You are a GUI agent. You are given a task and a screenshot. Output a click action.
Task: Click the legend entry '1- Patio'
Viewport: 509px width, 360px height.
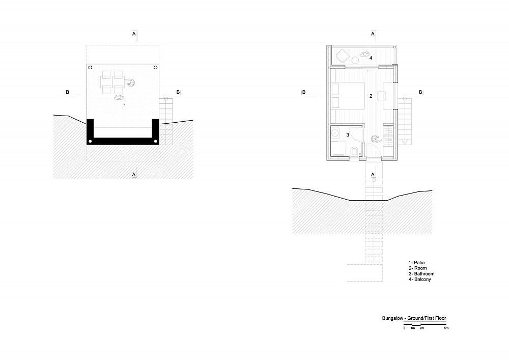[416, 263]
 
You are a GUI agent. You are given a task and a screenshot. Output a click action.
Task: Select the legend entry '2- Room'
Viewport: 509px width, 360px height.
[418, 268]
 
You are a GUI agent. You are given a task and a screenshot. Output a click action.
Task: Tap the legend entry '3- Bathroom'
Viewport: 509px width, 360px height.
[421, 273]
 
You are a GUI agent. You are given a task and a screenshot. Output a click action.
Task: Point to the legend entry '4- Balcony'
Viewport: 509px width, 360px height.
[420, 279]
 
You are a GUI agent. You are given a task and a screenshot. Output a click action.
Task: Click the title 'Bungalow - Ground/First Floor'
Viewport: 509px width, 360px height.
[414, 318]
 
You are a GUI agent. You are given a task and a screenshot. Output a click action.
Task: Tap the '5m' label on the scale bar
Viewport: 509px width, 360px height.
[446, 328]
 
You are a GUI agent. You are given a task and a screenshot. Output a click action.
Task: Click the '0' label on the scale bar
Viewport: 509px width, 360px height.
[405, 328]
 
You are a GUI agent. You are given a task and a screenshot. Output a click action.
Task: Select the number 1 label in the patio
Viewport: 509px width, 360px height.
[125, 105]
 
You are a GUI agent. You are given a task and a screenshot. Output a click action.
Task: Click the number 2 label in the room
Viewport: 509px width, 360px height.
[371, 96]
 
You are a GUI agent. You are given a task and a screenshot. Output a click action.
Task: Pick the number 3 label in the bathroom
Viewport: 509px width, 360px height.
[348, 135]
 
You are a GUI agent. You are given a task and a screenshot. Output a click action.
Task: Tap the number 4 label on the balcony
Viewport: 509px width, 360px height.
[371, 58]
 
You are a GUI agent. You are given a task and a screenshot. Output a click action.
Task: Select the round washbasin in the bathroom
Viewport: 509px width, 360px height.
[335, 132]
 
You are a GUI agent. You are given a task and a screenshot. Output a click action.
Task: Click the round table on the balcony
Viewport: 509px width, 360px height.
[355, 60]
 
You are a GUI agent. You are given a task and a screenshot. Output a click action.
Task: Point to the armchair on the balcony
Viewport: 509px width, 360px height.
[342, 56]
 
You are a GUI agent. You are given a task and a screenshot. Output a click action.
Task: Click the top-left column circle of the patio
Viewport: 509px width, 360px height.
[90, 68]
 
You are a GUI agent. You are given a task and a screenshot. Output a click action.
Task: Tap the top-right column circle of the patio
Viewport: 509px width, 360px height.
[155, 68]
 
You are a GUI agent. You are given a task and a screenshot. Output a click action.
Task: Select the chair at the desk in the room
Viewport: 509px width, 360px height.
[381, 96]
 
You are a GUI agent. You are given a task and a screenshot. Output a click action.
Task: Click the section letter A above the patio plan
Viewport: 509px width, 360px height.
[134, 34]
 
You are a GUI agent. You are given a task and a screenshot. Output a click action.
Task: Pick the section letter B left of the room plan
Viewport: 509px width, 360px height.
[304, 92]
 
